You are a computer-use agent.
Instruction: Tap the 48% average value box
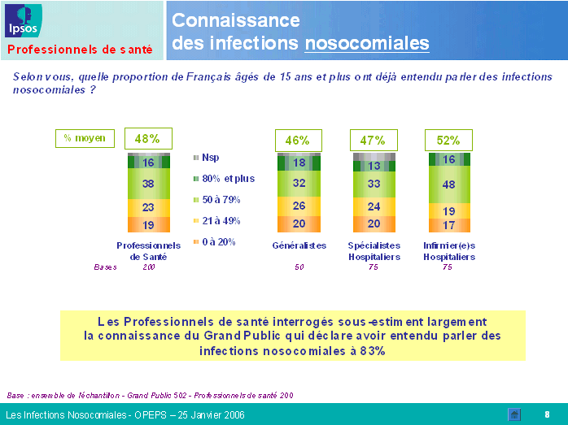click(147, 139)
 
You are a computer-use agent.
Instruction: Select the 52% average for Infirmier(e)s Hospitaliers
click(448, 140)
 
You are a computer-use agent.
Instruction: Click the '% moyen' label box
click(85, 139)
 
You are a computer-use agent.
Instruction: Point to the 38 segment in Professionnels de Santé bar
click(148, 184)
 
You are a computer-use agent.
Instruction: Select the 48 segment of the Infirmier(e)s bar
click(448, 184)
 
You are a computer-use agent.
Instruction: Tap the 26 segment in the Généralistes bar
click(299, 206)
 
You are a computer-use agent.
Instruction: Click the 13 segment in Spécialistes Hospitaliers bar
click(374, 167)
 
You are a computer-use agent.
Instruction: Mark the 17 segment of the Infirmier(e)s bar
click(448, 225)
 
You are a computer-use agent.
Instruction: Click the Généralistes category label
click(299, 245)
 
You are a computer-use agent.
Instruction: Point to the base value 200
click(149, 267)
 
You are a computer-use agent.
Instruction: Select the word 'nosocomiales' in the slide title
click(367, 42)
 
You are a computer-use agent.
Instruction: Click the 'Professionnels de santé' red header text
click(81, 50)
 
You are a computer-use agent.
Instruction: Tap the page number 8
click(547, 414)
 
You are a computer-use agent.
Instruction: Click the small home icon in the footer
click(514, 414)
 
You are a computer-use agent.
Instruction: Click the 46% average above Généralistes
click(299, 140)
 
